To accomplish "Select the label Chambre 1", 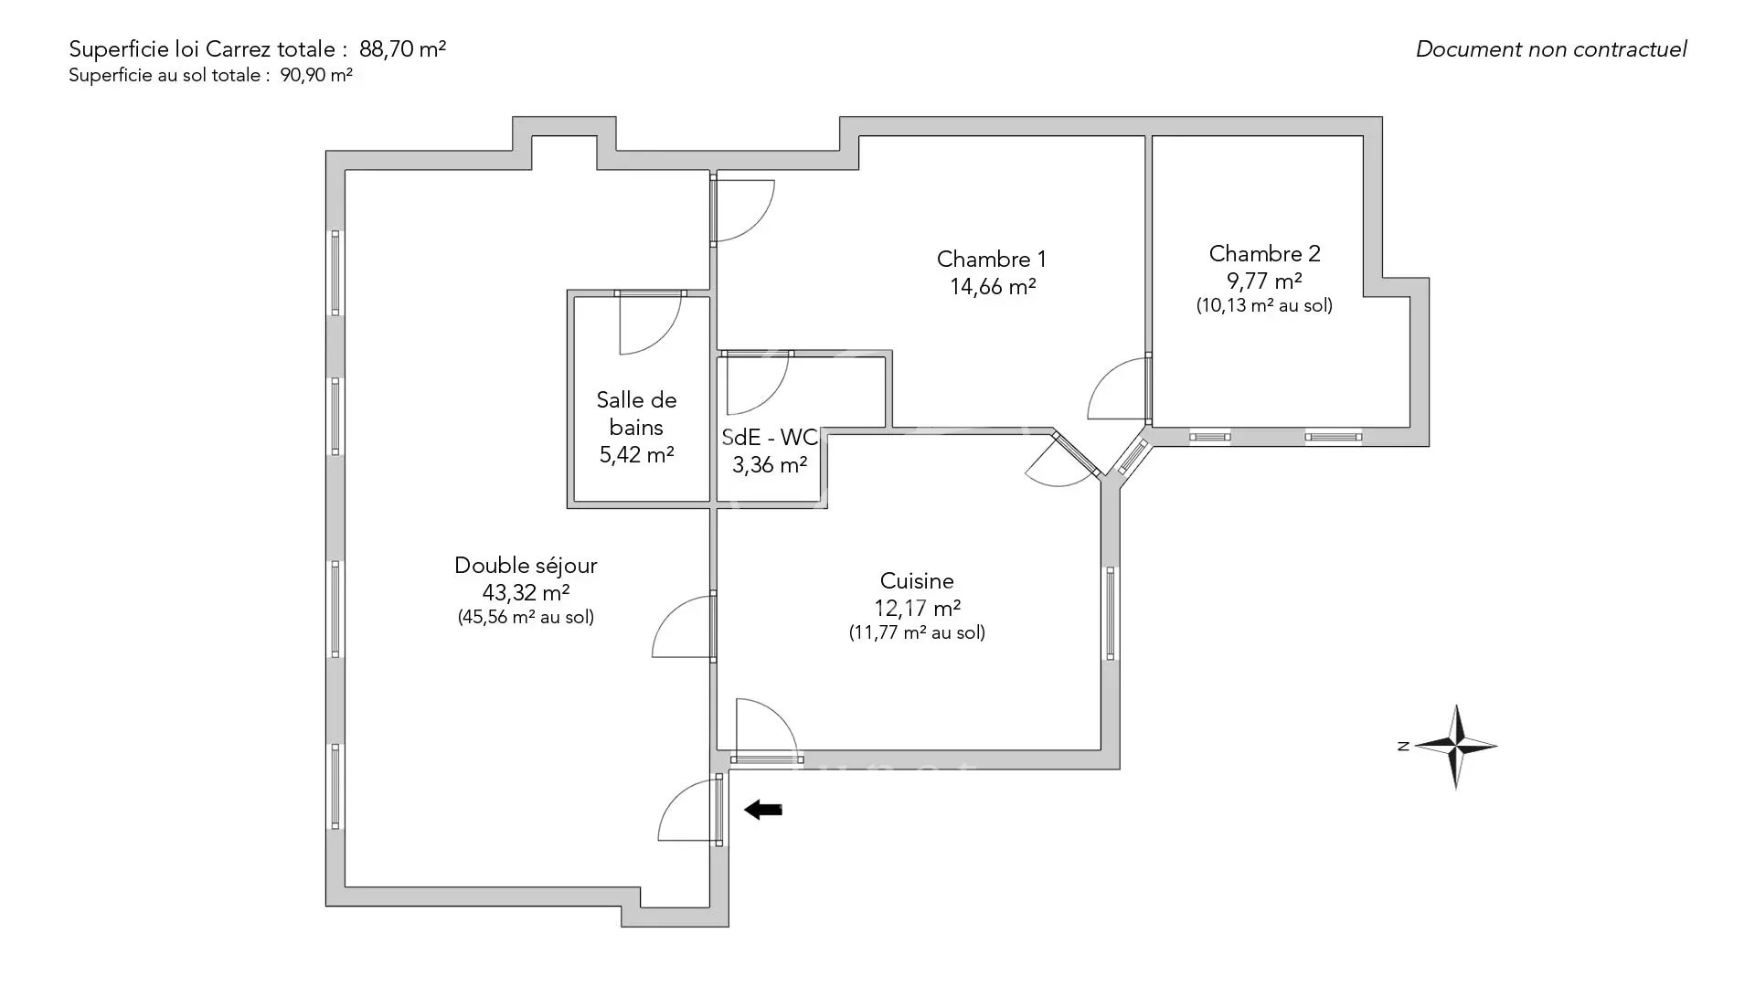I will tap(992, 260).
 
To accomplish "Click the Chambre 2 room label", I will tap(1264, 253).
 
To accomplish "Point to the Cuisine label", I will tap(917, 580).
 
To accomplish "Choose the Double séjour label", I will tap(526, 566).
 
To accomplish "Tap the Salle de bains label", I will tap(636, 413).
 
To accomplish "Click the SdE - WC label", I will tap(770, 437).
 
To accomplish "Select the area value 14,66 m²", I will tap(992, 287).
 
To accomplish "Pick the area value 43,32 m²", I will tap(526, 593).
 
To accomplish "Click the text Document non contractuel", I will tap(1550, 49).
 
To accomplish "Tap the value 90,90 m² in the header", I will tap(316, 76).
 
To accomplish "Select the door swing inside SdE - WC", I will tap(755, 384).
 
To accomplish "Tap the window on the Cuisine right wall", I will tap(1111, 612).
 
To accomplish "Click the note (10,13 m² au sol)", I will tap(1264, 306).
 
